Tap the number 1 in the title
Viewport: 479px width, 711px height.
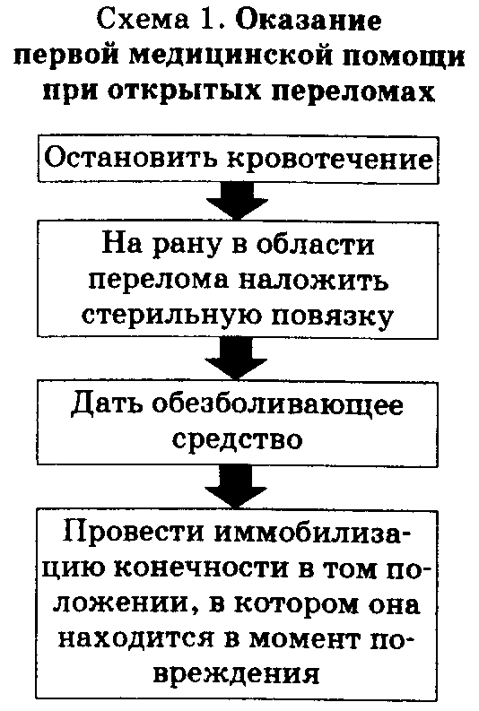[x=205, y=20]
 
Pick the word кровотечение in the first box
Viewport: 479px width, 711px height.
[x=330, y=159]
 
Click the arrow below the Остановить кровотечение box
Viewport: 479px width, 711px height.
[x=237, y=201]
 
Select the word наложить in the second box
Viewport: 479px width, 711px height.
[x=313, y=281]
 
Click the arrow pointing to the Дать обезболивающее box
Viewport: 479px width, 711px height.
[x=236, y=360]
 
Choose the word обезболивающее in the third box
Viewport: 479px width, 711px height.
[x=277, y=404]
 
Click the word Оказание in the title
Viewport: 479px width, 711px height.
[x=309, y=20]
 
